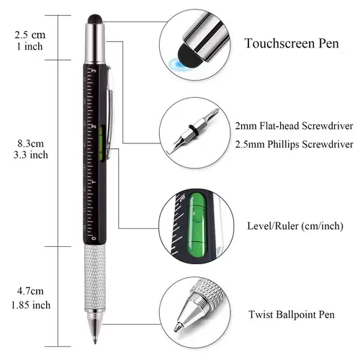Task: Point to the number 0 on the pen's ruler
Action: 93,235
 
